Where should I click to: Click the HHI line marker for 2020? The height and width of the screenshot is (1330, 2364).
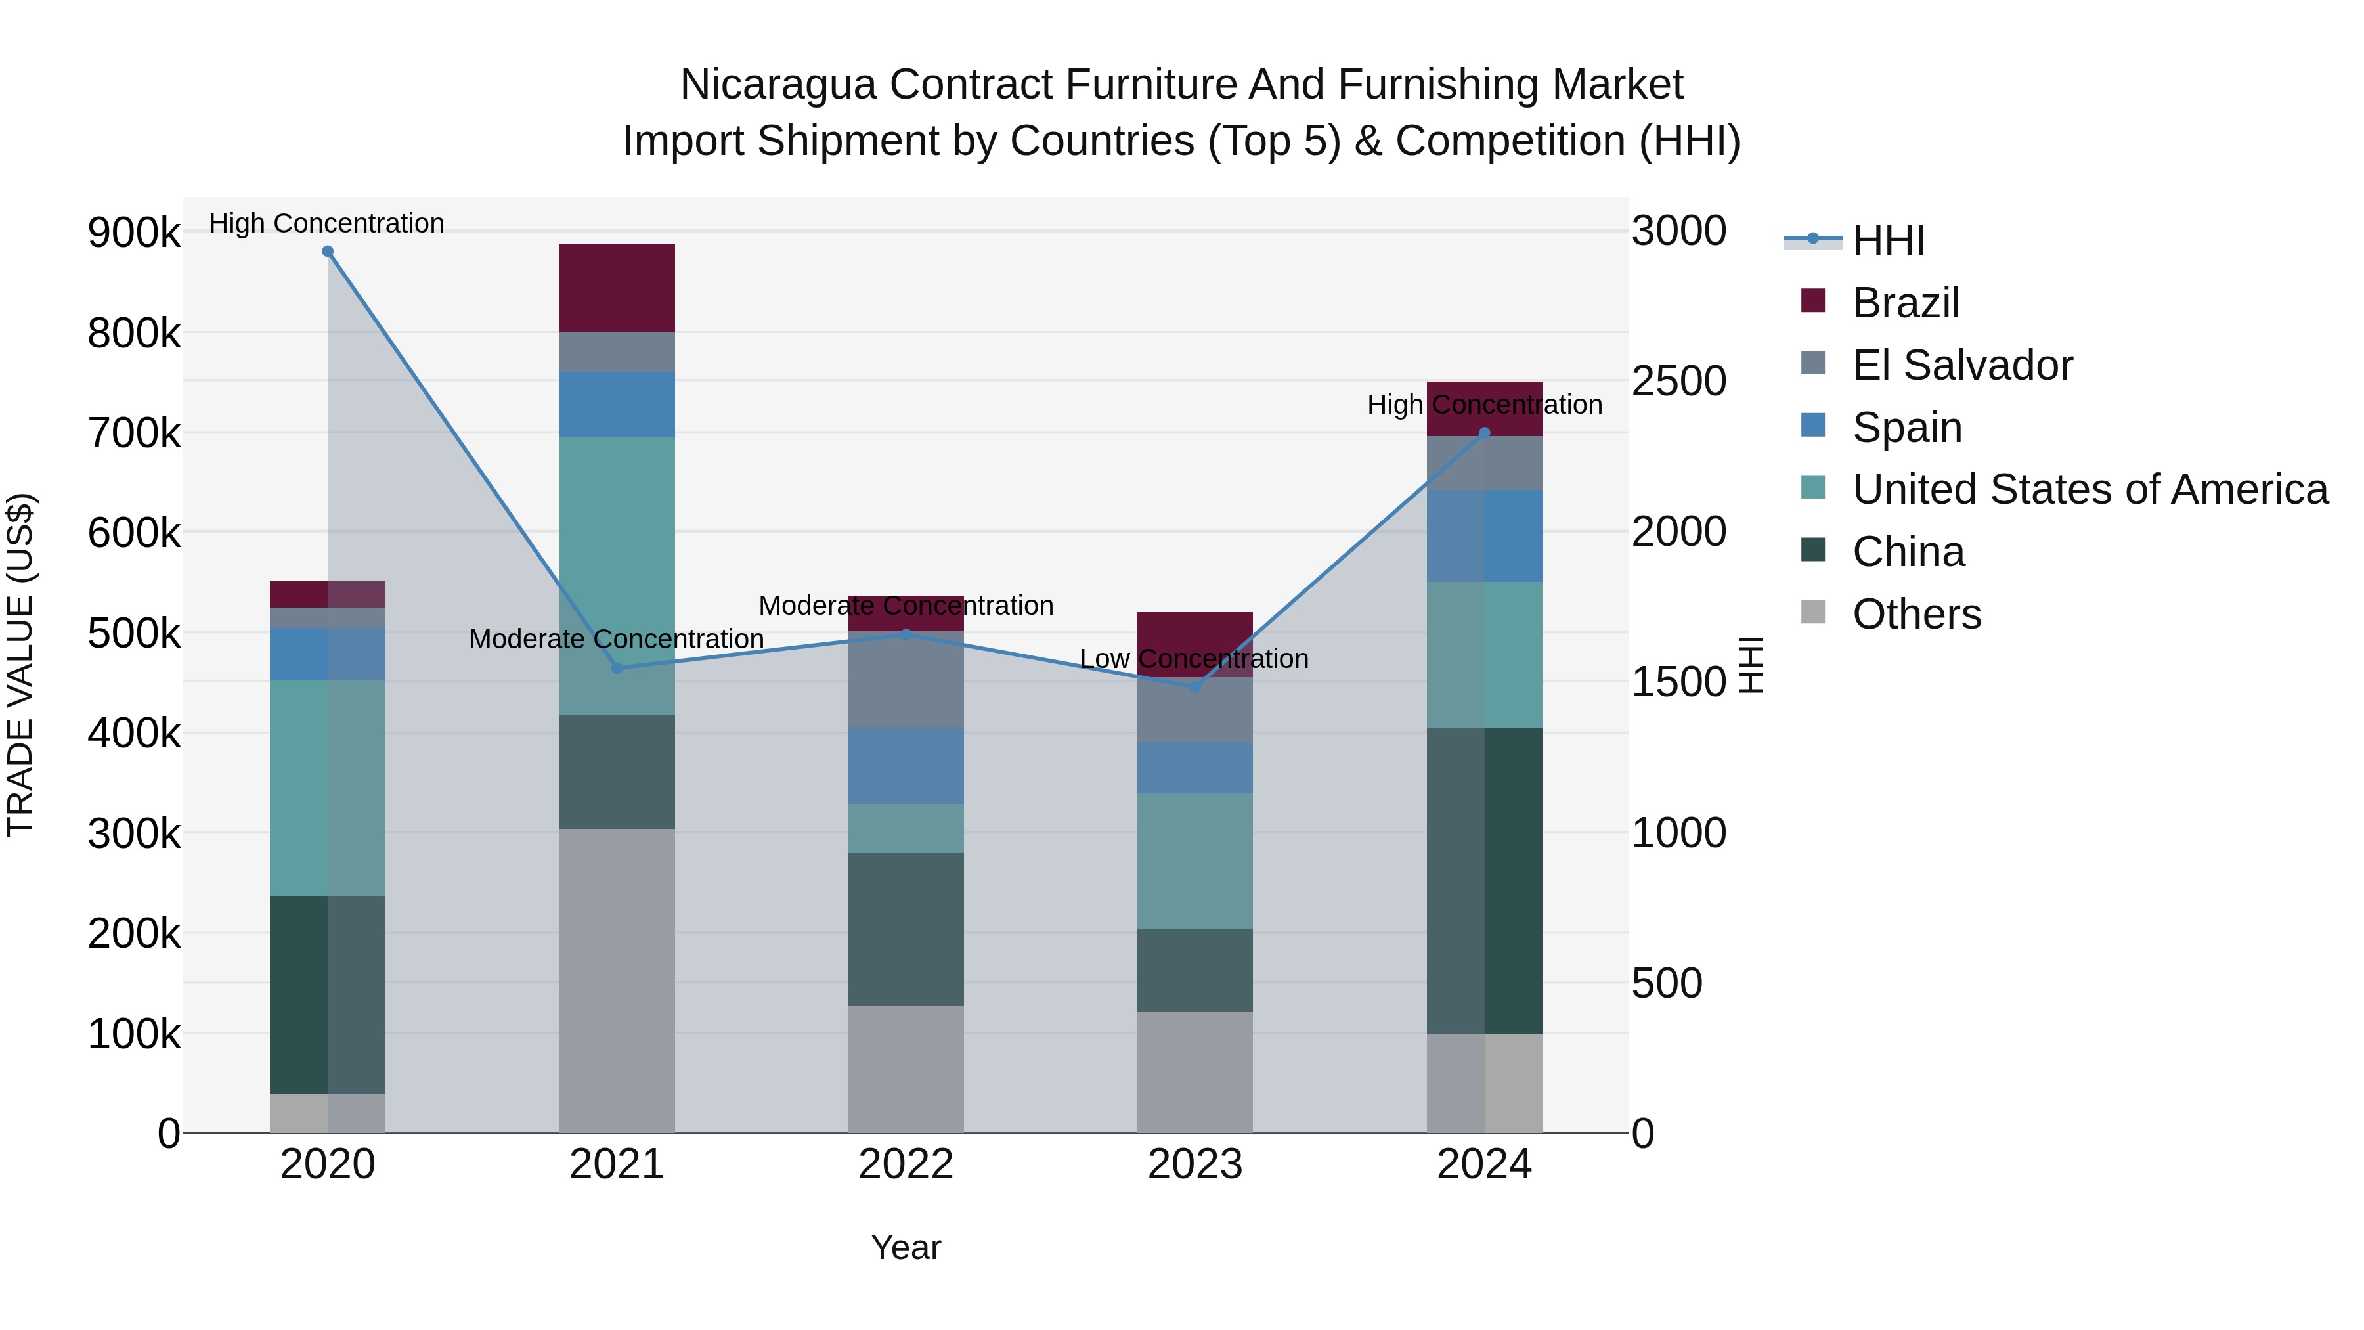coord(328,252)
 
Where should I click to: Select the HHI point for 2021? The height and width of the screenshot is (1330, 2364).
coord(617,668)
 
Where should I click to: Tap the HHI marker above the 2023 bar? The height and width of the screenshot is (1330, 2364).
coord(1195,686)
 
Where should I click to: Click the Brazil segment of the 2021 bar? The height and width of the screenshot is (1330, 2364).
coord(617,287)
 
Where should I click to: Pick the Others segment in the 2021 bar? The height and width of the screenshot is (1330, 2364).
coord(617,981)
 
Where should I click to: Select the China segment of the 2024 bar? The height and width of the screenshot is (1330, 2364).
coord(1484,881)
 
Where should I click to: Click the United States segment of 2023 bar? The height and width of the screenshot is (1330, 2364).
coord(1195,861)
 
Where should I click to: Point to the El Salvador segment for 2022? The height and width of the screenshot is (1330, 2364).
coord(906,679)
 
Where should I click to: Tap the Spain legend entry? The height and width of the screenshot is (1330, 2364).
coord(1906,428)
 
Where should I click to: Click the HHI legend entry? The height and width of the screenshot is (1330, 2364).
coord(1888,240)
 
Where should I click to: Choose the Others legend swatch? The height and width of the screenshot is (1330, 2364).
coord(1813,612)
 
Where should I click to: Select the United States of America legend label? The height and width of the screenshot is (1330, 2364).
coord(2090,490)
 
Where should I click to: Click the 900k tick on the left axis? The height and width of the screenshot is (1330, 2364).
coord(134,233)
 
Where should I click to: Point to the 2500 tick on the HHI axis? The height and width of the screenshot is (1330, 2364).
coord(1678,381)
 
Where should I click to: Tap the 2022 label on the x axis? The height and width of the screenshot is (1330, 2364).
coord(906,1164)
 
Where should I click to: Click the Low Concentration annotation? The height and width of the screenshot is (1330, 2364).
coord(1193,659)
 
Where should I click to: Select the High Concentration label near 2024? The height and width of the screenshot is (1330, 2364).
coord(1484,405)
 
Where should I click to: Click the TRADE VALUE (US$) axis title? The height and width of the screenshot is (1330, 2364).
coord(20,665)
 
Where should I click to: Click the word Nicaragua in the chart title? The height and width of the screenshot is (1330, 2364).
coord(778,85)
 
